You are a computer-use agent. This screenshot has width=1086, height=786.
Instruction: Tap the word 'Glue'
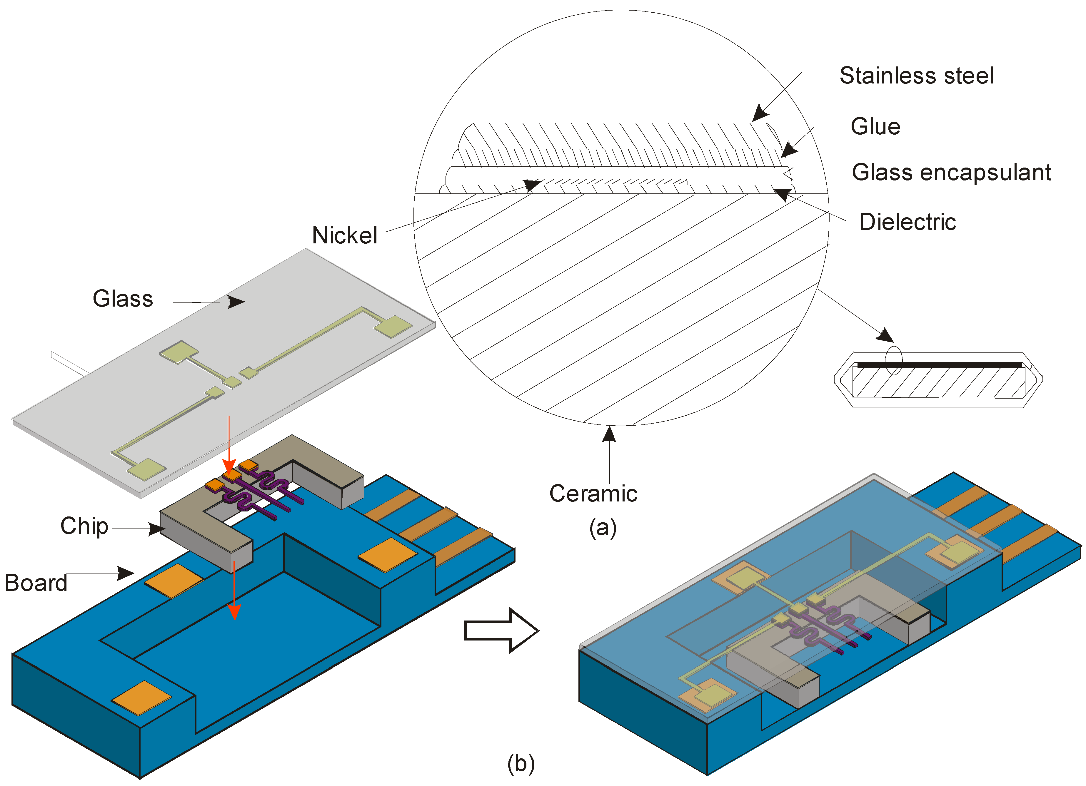coord(875,127)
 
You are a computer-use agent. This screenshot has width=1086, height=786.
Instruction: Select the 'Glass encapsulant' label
coord(951,172)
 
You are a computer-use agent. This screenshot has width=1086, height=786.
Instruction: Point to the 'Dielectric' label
coord(907,222)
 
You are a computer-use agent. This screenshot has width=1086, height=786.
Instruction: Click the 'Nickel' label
coord(345,235)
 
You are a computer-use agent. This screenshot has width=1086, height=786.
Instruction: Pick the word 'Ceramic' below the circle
coord(593,494)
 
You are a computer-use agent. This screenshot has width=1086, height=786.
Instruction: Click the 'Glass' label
coord(123,299)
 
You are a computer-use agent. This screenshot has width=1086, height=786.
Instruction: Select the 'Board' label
coord(36,583)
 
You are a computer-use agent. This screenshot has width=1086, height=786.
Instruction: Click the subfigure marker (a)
coord(603,528)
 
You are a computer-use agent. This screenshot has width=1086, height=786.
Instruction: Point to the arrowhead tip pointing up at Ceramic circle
coord(609,429)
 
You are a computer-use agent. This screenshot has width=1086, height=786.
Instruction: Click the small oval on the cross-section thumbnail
coord(893,360)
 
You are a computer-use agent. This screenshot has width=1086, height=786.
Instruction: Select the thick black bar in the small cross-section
coord(938,365)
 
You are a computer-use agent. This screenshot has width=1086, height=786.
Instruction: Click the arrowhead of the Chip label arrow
coord(159,529)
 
